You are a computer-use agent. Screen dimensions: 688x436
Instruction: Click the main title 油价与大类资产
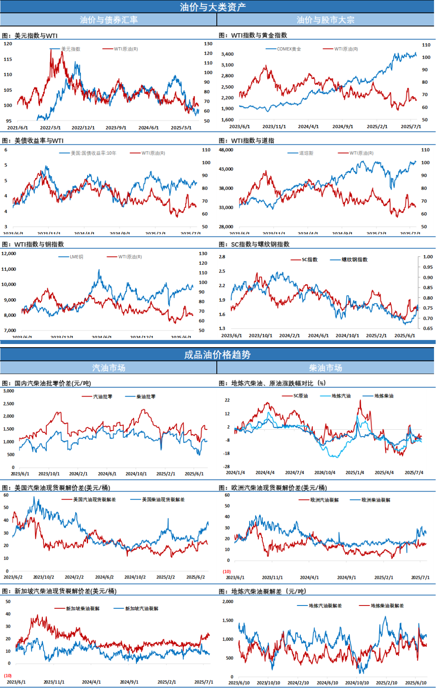pyautogui.click(x=213, y=7)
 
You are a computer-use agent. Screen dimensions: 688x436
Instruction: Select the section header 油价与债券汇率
pyautogui.click(x=109, y=20)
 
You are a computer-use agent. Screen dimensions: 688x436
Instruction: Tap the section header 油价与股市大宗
pyautogui.click(x=325, y=20)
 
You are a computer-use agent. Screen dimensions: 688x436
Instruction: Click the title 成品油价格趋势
pyautogui.click(x=217, y=355)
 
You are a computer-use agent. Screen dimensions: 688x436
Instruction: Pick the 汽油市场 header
pyautogui.click(x=109, y=368)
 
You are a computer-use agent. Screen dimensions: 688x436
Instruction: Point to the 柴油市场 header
pyautogui.click(x=325, y=368)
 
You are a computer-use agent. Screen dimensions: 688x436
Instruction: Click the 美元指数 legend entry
pyautogui.click(x=70, y=49)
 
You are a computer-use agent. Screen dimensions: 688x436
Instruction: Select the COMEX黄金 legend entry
pyautogui.click(x=289, y=49)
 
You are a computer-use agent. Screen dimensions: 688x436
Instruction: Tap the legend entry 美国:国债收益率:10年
pyautogui.click(x=93, y=153)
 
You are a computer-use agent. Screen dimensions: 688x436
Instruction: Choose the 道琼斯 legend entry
pyautogui.click(x=306, y=153)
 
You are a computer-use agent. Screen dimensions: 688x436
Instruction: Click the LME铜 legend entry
pyautogui.click(x=76, y=257)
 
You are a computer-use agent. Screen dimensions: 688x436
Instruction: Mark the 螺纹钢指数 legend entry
pyautogui.click(x=354, y=260)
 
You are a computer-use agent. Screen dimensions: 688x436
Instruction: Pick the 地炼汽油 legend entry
pyautogui.click(x=341, y=396)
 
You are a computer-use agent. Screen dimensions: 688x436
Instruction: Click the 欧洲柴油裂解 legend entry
pyautogui.click(x=375, y=500)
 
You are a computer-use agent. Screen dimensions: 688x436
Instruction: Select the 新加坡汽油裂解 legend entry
pyautogui.click(x=141, y=608)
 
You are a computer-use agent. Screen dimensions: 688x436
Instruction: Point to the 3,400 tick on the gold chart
pyautogui.click(x=227, y=54)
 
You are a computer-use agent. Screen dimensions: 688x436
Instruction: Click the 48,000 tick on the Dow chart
pyautogui.click(x=226, y=150)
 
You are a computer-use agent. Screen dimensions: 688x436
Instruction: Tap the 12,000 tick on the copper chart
pyautogui.click(x=9, y=254)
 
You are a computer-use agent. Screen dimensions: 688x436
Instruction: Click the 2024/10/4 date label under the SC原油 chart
pyautogui.click(x=325, y=473)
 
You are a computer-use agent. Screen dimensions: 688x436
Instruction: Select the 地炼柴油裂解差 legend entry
pyautogui.click(x=387, y=606)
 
